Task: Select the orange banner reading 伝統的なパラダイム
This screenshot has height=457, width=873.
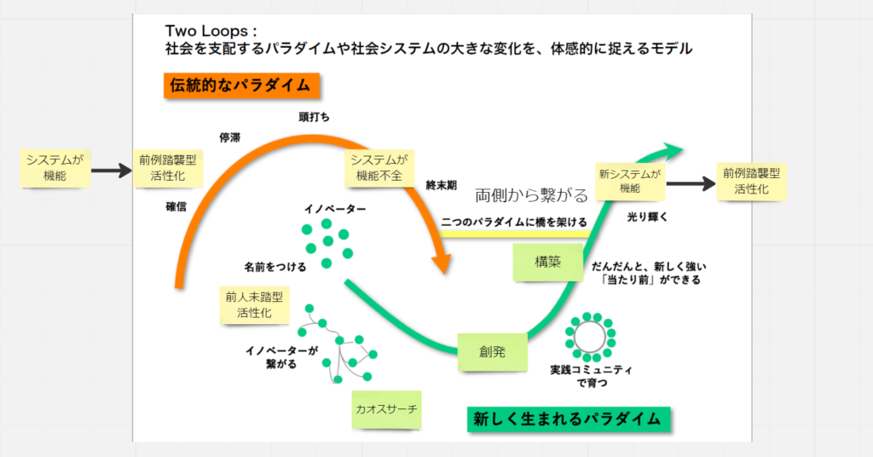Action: [x=241, y=86]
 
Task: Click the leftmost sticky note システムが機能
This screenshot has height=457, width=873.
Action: [x=55, y=169]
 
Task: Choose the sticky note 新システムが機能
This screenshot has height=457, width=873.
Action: [x=630, y=181]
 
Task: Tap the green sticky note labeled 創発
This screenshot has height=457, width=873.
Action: [x=492, y=351]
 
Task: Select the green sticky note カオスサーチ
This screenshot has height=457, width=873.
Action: [x=387, y=409]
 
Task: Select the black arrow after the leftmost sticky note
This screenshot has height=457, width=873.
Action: [x=111, y=171]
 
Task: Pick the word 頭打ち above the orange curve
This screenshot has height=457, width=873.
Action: [x=314, y=116]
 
